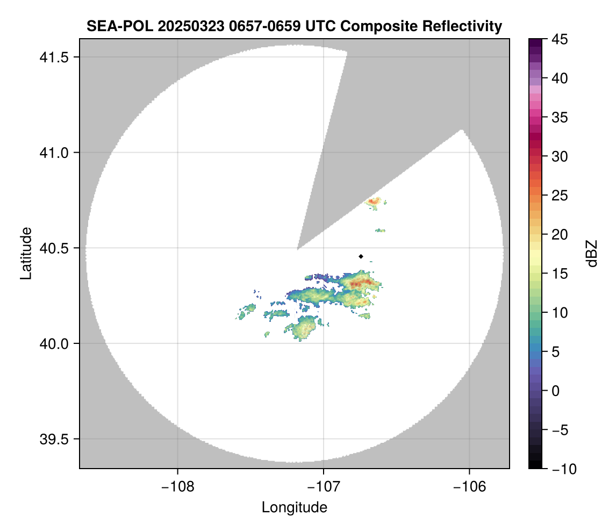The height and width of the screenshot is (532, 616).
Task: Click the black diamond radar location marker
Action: point(361,256)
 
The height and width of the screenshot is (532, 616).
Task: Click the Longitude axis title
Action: point(295,507)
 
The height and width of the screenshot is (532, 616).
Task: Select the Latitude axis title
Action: point(26,253)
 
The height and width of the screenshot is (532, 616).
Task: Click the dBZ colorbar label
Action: point(592,254)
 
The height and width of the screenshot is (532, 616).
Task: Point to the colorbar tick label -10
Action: point(562,469)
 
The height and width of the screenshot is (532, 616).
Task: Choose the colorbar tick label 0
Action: point(556,391)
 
